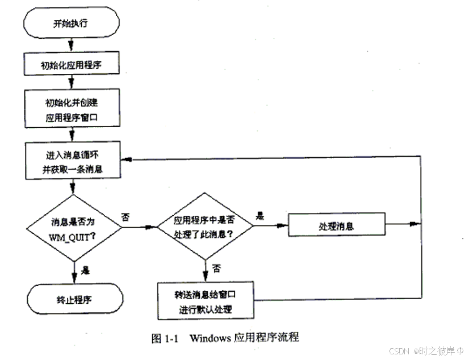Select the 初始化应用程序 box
click(71, 65)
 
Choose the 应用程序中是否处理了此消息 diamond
click(204, 227)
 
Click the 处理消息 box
click(337, 225)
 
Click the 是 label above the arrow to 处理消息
click(261, 216)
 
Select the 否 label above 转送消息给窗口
click(216, 266)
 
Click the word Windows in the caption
click(210, 338)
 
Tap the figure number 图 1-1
click(165, 338)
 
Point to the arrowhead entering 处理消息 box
click(284, 225)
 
